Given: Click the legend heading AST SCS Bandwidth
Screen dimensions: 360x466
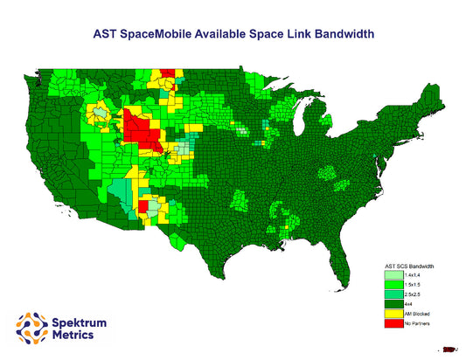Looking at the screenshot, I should click(409, 265).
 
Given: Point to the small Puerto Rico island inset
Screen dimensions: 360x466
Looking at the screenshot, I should click(449, 350).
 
